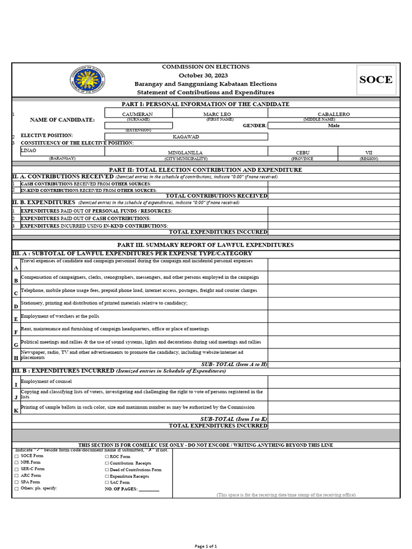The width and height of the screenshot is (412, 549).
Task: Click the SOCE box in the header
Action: [376, 80]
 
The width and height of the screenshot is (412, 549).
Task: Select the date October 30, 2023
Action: [206, 76]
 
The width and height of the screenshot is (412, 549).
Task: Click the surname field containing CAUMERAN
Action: [138, 114]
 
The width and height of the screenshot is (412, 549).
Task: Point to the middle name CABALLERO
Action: [333, 114]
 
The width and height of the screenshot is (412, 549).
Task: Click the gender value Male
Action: [333, 125]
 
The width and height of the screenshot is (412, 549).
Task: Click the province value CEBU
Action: [303, 153]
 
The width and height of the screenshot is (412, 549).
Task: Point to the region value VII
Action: [369, 153]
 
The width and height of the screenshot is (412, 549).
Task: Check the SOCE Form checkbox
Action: [17, 456]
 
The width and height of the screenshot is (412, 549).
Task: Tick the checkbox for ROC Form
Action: [107, 456]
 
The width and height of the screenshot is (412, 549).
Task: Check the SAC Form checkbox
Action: [107, 483]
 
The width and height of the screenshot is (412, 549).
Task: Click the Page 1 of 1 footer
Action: [206, 546]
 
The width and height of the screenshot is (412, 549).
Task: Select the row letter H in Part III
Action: [16, 358]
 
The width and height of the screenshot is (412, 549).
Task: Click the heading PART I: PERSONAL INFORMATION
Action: [206, 104]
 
